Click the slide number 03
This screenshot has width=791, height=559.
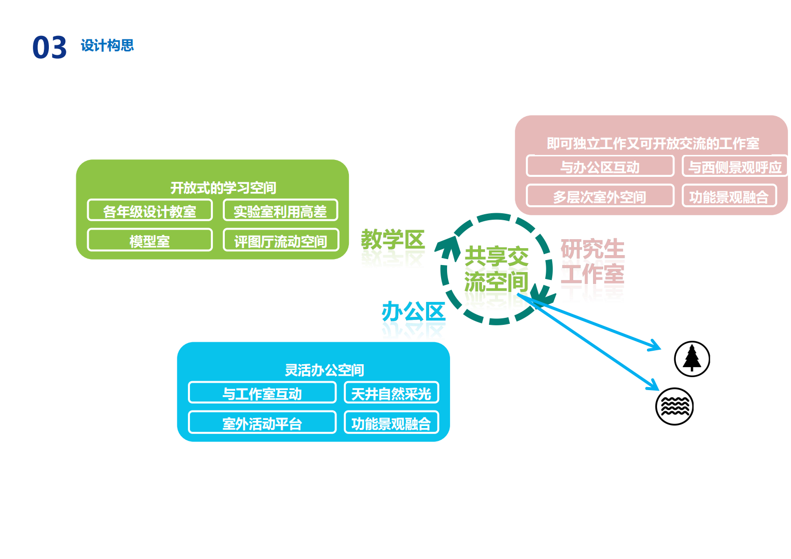coord(49,48)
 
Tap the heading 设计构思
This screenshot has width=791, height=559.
coord(107,46)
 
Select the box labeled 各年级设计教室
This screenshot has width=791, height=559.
coord(150,211)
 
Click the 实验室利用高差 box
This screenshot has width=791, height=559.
coord(280,211)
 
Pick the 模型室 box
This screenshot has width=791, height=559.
coord(150,241)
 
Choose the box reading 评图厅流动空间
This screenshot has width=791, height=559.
coord(281,241)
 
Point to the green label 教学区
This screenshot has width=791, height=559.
coord(392,240)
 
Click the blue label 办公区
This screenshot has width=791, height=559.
coord(413,312)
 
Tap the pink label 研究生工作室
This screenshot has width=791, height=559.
coord(592,262)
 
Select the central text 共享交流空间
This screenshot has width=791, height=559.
coord(496,269)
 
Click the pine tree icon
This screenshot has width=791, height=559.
coord(692,359)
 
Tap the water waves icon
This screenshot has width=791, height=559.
coord(674,406)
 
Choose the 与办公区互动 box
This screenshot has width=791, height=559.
coord(600,166)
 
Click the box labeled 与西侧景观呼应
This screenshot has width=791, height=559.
coord(734,166)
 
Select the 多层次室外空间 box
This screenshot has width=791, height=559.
coord(600,196)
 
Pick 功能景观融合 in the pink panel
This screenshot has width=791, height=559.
coord(729,196)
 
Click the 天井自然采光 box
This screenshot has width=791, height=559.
coord(391,393)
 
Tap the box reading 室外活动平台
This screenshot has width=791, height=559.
coord(262,423)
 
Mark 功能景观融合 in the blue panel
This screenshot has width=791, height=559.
coord(391,423)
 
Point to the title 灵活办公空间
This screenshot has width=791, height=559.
coord(324,370)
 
